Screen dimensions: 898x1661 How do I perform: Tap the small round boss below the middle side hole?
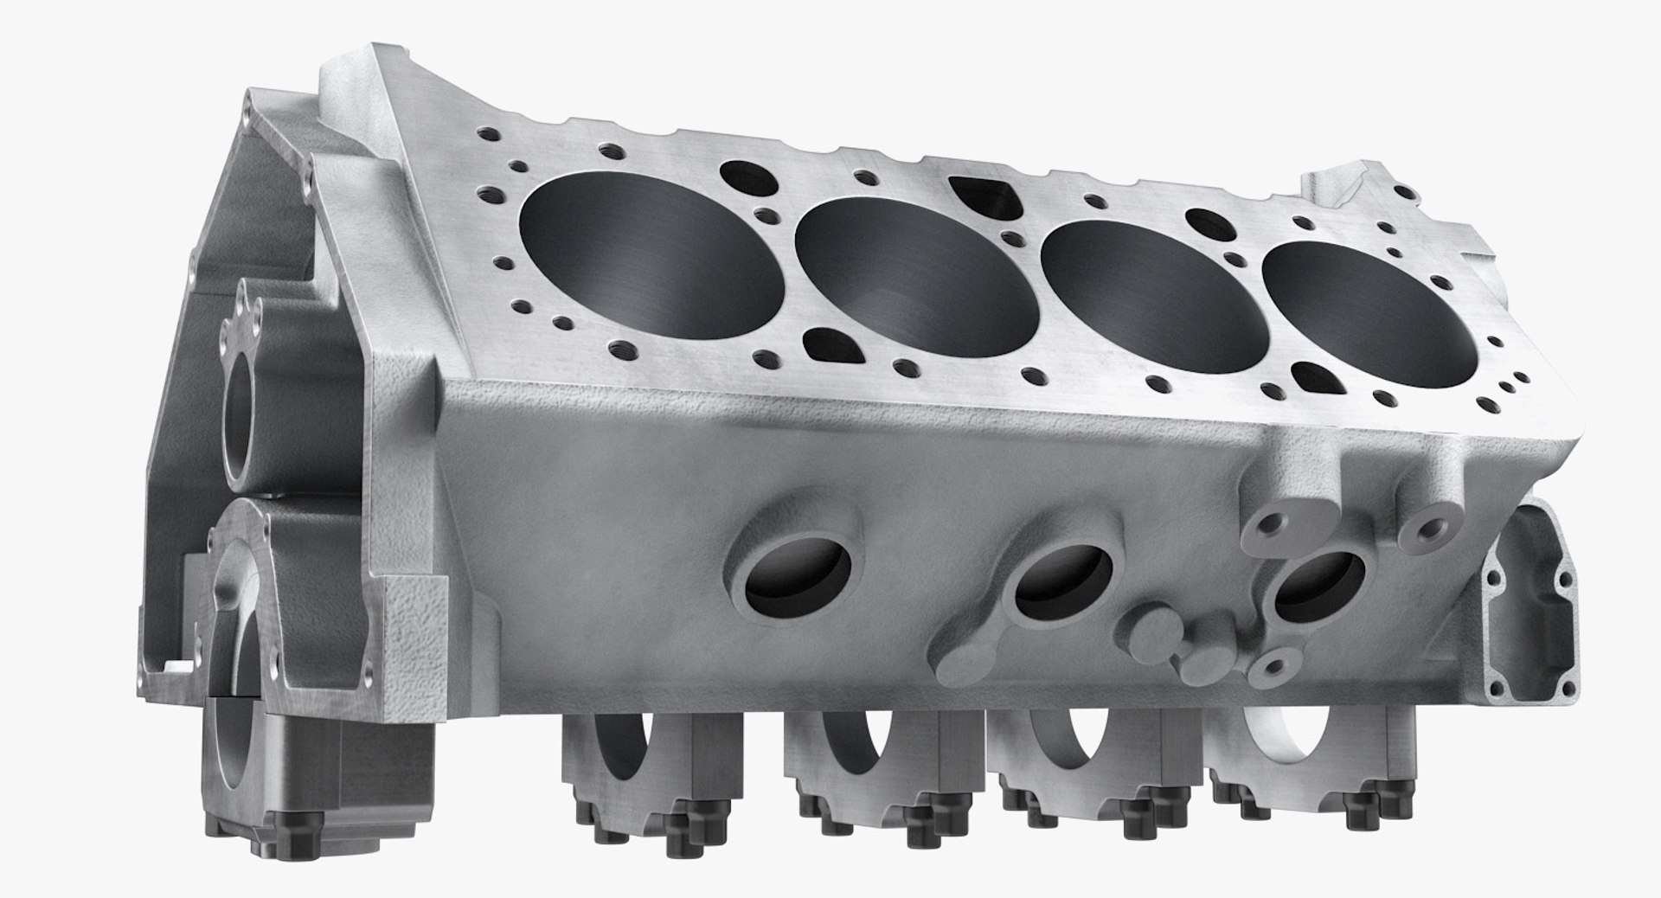pyautogui.click(x=1155, y=631)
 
